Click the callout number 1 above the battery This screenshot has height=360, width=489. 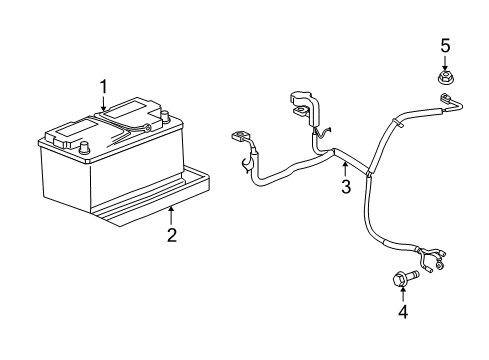(103, 88)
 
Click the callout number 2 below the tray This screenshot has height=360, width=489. (172, 235)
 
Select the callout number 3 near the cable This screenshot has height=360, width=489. (344, 187)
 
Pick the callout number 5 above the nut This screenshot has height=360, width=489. (446, 44)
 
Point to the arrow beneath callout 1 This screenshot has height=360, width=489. (103, 105)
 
